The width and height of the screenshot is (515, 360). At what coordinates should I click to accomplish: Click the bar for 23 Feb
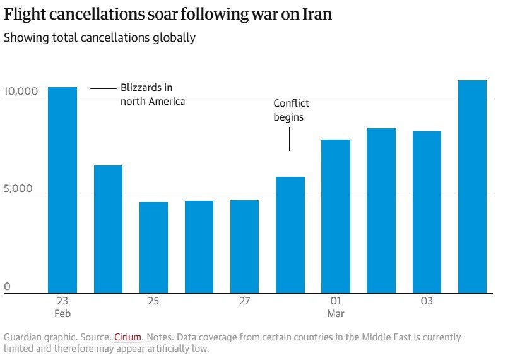(x=62, y=189)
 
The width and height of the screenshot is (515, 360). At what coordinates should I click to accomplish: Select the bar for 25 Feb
(x=153, y=247)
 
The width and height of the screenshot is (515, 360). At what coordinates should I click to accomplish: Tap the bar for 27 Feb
(x=244, y=246)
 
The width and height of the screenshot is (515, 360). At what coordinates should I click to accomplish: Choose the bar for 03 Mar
(x=427, y=212)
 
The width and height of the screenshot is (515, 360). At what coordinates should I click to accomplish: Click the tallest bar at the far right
(x=472, y=186)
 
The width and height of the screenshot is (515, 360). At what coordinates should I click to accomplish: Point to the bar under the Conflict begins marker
(x=290, y=234)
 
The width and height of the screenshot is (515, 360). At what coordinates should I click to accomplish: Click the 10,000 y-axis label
(x=21, y=92)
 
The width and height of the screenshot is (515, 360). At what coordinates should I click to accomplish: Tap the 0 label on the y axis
(x=8, y=287)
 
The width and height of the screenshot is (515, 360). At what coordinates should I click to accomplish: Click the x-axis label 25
(x=153, y=301)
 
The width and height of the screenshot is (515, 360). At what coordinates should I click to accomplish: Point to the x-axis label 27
(x=244, y=301)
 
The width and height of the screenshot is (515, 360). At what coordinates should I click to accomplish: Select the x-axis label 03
(x=427, y=301)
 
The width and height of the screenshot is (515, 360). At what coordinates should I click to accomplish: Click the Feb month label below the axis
(x=62, y=313)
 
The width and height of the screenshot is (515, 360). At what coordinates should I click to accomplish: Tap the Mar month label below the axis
(x=335, y=313)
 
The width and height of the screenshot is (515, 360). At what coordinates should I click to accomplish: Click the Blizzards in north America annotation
(x=153, y=94)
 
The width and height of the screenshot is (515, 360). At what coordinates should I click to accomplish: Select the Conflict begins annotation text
(x=291, y=110)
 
